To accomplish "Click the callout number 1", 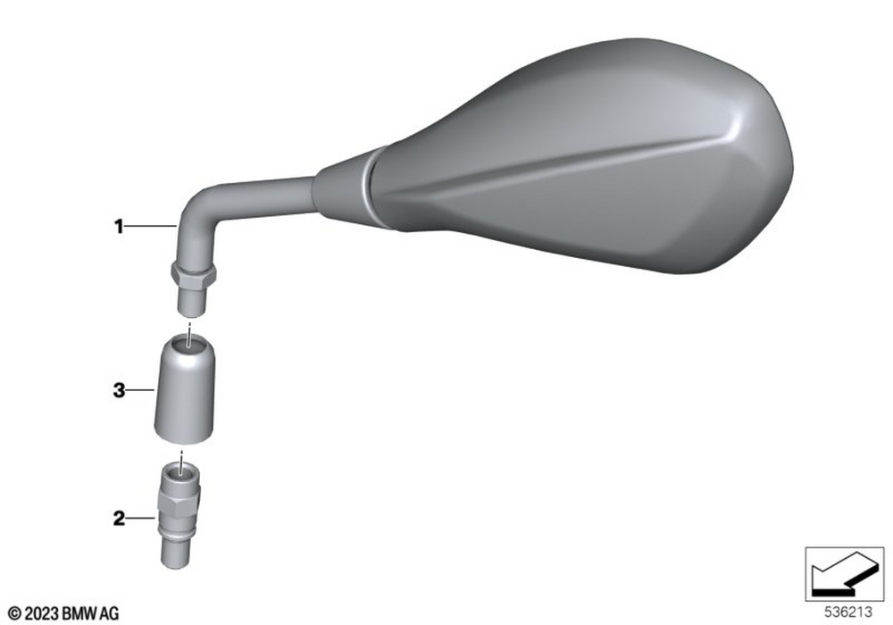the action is coord(119,227).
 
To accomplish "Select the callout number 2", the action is coord(119,519).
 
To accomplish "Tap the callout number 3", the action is coord(119,390).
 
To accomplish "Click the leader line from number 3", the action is coord(140,390).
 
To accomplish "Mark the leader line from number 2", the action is coord(140,519).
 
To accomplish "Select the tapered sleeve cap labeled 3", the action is coord(185,389).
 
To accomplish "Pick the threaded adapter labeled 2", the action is coord(180,514).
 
